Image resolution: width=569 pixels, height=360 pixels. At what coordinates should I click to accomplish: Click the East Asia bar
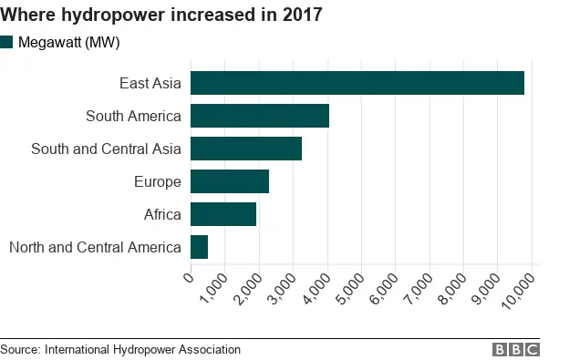pos(357,83)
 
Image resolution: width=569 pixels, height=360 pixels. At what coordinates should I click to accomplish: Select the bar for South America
pos(260,116)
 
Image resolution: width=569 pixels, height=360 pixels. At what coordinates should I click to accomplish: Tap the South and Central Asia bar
pos(246,149)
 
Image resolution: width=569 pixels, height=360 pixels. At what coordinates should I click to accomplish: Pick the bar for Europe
pos(230,181)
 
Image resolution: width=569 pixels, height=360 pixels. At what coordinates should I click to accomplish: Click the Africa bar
pos(223,214)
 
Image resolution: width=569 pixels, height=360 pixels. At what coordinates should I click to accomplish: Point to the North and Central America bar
pos(200,247)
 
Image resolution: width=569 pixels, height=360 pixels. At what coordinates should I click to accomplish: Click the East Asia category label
pos(150,84)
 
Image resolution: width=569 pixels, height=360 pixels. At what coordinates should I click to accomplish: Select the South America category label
pos(133,116)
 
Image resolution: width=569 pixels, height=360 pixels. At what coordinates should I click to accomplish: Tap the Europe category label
pos(157,181)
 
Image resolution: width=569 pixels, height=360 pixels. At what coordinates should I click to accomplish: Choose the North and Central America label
pos(94,247)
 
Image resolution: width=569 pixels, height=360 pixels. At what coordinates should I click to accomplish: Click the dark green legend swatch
pos(7,42)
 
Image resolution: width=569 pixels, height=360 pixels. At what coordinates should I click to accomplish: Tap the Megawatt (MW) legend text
pos(68,43)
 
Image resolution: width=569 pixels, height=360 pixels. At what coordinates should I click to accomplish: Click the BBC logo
pos(516,349)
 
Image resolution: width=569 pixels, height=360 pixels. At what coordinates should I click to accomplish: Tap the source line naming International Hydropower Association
pos(120,349)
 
